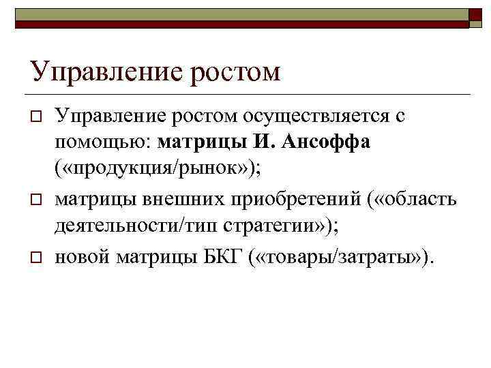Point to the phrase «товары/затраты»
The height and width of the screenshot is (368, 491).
pos(346,257)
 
